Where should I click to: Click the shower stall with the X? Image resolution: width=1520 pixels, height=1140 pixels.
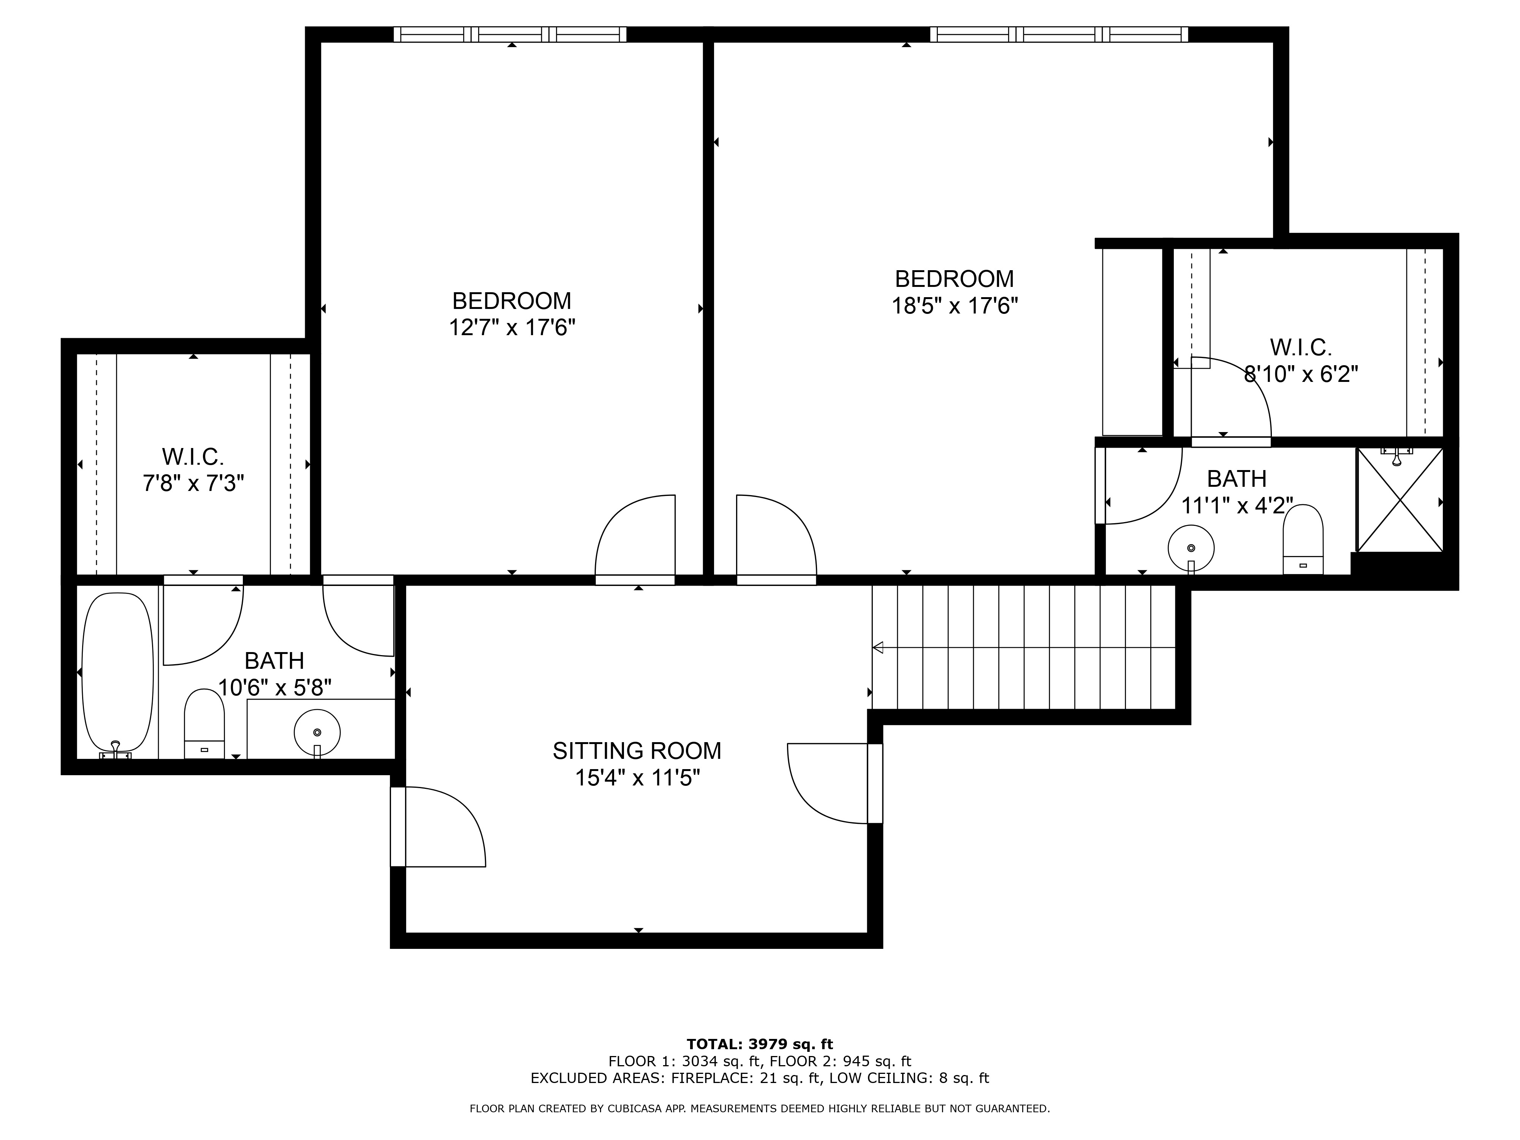(1400, 500)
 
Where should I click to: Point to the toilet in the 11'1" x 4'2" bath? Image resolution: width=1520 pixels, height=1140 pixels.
(1303, 540)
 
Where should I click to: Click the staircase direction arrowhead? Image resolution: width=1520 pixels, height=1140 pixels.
(877, 647)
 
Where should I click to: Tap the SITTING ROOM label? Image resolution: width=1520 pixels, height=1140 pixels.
(637, 750)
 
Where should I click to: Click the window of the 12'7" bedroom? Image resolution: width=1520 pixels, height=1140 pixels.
(510, 34)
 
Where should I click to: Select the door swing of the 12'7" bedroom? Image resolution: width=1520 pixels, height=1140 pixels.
(635, 540)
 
